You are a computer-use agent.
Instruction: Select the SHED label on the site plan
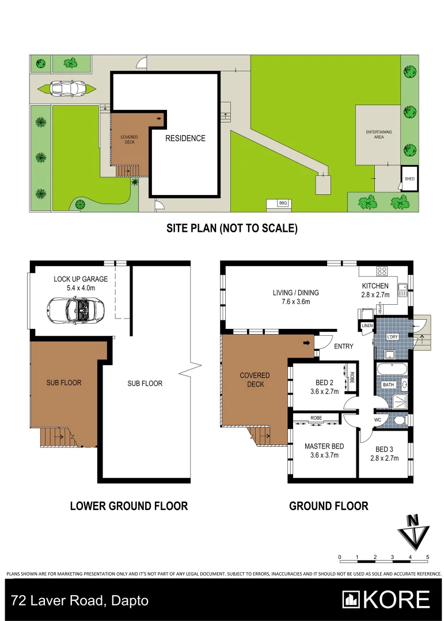tap(409, 179)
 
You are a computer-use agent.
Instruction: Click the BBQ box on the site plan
tap(282, 204)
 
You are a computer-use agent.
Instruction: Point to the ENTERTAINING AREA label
tap(378, 135)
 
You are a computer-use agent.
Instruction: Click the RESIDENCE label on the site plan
tap(185, 138)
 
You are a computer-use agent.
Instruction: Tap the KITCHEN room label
tap(375, 286)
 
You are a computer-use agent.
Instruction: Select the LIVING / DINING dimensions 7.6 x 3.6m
tap(295, 301)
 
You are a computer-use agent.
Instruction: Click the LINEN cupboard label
tap(367, 327)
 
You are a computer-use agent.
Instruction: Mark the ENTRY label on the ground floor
tap(344, 346)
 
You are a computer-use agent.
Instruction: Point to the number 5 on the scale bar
tap(427, 557)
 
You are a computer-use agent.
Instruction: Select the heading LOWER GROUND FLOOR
tap(128, 506)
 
